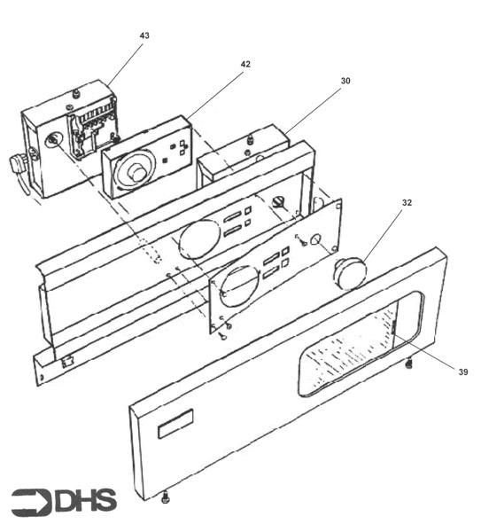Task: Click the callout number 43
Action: click(144, 35)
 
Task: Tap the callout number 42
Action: click(245, 64)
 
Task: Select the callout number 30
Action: click(345, 81)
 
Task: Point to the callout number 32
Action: click(407, 202)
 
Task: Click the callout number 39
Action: click(462, 372)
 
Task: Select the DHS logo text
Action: click(86, 502)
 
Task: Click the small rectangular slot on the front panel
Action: click(175, 426)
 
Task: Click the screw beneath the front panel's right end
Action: click(408, 363)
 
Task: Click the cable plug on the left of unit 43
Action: click(18, 165)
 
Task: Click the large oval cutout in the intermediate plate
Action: click(237, 285)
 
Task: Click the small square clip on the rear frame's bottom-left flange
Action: click(68, 361)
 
